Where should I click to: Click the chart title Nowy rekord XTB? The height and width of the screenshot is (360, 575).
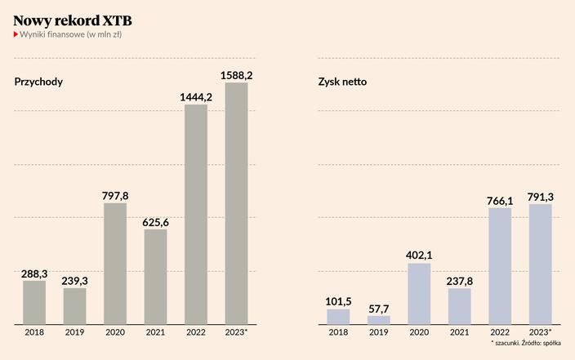coord(73,19)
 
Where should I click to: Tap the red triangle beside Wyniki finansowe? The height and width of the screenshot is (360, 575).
coord(16,34)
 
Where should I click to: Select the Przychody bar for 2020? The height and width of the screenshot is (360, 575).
coord(115,263)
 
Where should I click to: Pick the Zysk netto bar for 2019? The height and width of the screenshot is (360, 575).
coord(378,319)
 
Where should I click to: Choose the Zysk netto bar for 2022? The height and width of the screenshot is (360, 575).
coord(500,265)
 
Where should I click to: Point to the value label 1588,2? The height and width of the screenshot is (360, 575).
coord(237,75)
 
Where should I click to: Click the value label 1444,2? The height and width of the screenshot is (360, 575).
coord(196,97)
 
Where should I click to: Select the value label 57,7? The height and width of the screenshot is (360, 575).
coord(378,309)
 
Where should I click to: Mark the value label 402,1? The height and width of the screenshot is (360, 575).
coord(419,256)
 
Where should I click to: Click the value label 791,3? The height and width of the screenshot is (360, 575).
coord(541,196)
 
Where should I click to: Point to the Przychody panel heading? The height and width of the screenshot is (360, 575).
coord(38,82)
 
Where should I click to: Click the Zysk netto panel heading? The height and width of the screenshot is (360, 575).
coord(342,82)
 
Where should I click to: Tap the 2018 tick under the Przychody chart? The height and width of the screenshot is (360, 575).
coord(34,332)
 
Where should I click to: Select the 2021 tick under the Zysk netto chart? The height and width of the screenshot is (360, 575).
coord(460,332)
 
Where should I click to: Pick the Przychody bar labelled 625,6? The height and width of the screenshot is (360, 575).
coord(155,276)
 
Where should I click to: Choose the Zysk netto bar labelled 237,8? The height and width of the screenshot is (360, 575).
coord(460,305)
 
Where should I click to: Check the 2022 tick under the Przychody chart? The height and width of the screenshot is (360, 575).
coord(196,332)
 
